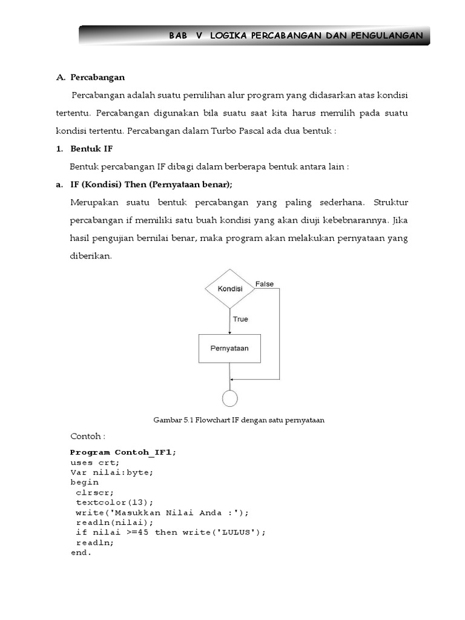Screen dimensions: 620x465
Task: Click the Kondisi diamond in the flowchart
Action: pos(229,289)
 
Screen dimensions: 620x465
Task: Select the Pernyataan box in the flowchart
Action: pos(229,348)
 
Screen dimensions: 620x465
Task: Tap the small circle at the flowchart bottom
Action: pos(230,398)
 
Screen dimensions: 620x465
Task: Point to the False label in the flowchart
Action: pos(264,283)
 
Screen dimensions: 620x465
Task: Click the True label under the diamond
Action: pos(240,319)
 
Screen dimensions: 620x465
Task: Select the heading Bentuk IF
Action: pos(91,148)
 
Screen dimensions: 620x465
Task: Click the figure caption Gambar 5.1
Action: pos(239,420)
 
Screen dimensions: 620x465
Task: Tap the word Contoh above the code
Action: pos(87,436)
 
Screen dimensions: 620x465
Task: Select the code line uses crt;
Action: pos(95,463)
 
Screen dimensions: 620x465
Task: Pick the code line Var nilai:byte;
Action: pos(111,472)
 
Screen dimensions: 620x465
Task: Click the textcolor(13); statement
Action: pos(115,502)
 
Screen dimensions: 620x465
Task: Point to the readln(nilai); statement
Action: pos(115,522)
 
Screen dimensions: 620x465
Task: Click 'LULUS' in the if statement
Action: pos(241,532)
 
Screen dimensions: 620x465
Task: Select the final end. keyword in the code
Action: pos(81,552)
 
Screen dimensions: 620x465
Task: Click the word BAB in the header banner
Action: pos(179,36)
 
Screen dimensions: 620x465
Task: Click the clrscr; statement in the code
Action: pos(95,492)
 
